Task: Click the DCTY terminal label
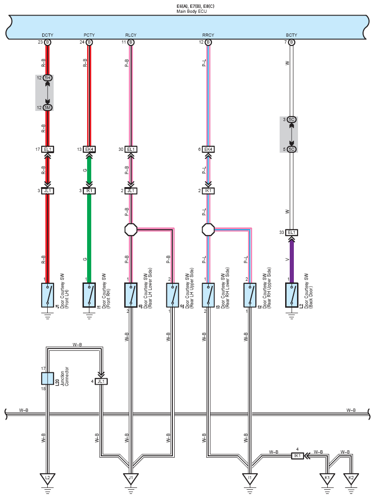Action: (x=47, y=35)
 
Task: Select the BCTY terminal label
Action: (x=291, y=35)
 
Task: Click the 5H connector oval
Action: (x=48, y=78)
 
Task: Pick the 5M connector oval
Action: (x=48, y=107)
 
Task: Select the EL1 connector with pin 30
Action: (x=131, y=149)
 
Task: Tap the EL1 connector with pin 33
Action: (x=291, y=232)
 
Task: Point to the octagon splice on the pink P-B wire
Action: (x=131, y=229)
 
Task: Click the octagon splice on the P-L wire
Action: (x=208, y=229)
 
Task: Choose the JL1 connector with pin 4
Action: (x=101, y=381)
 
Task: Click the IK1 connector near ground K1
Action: (x=297, y=455)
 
